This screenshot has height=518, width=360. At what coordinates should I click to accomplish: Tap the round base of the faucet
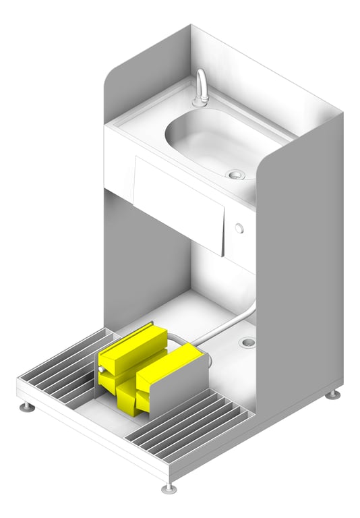[x=200, y=103]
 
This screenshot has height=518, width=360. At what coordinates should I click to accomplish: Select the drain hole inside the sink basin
[x=236, y=175]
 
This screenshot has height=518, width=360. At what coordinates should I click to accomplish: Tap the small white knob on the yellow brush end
[x=100, y=370]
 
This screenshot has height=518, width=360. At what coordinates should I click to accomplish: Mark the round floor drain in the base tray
[x=247, y=343]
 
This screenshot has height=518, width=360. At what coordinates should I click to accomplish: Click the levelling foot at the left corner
[x=27, y=407]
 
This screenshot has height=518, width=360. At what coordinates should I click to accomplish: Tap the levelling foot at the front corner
[x=169, y=487]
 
